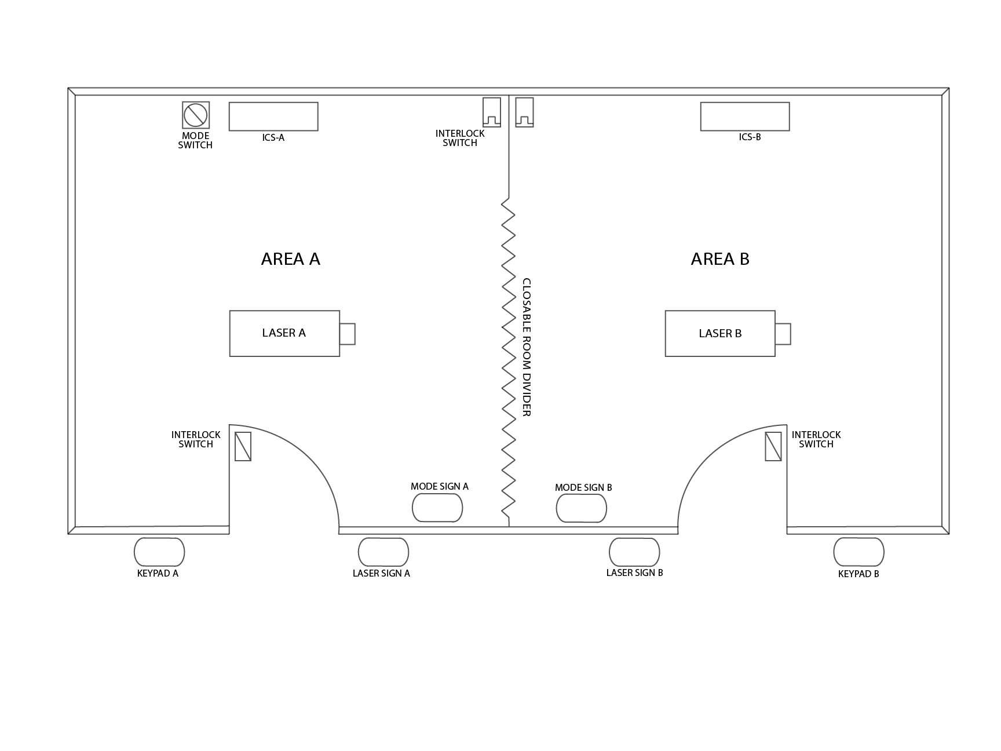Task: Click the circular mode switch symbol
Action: pos(196,115)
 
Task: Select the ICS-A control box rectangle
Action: pos(273,116)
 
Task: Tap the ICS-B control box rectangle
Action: pos(745,116)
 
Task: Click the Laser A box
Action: pos(284,333)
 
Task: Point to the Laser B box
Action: pos(720,333)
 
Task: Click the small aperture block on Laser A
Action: pos(348,334)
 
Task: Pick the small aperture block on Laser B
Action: pos(783,334)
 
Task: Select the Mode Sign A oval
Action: pos(437,509)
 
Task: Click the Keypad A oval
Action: pos(159,552)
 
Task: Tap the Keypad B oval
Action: pos(859,552)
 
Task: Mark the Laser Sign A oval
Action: pos(383,552)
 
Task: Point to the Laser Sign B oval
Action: pos(634,552)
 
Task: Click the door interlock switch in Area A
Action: pos(243,446)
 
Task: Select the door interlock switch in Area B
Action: pos(773,446)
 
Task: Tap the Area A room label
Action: pos(291,258)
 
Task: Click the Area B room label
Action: pos(720,258)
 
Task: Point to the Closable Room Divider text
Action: pos(527,347)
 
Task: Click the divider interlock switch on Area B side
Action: pos(525,112)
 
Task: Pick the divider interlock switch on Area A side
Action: pos(492,112)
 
